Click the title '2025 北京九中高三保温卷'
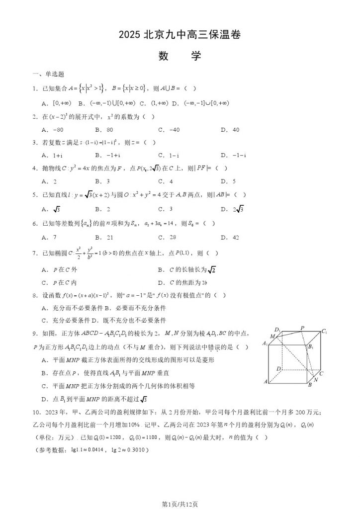tap(180, 35)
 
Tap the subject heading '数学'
tap(180, 56)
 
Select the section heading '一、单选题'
tap(48, 75)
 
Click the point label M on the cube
tap(272, 337)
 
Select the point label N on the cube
tap(316, 380)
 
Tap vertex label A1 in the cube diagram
tap(265, 343)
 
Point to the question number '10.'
tap(35, 412)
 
